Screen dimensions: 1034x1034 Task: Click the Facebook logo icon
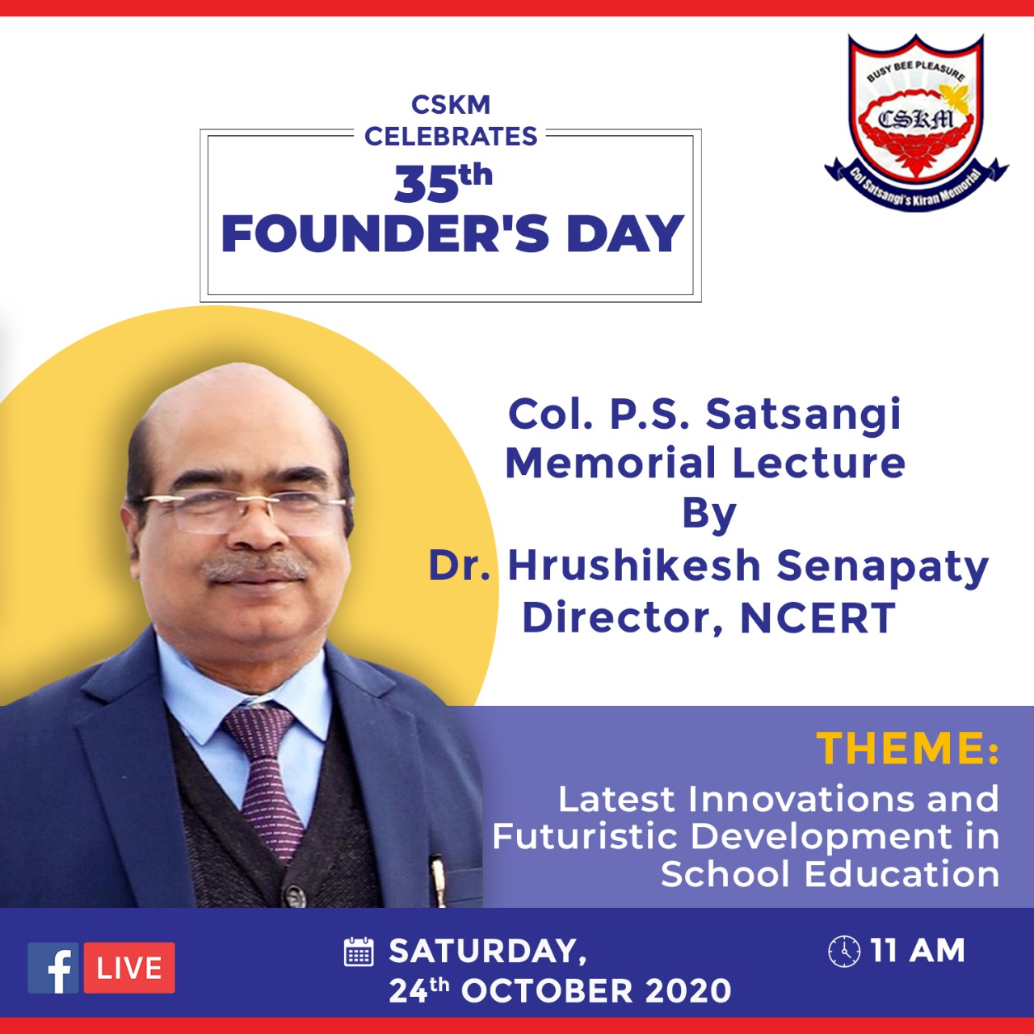click(x=53, y=968)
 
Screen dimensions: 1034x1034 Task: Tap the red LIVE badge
click(x=129, y=968)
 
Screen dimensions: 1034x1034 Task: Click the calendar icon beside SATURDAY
click(x=359, y=952)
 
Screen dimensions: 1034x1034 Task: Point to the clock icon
click(x=844, y=952)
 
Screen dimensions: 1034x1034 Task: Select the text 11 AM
click(x=918, y=951)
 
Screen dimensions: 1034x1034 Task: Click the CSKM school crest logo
click(x=916, y=122)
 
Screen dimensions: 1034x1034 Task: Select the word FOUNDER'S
click(x=385, y=233)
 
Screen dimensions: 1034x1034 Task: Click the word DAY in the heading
click(x=625, y=233)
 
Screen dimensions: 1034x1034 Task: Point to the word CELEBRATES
click(x=451, y=136)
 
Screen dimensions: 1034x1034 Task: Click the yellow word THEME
click(x=902, y=748)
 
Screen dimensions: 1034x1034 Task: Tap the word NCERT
click(x=818, y=618)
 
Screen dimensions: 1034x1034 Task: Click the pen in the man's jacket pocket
click(x=439, y=880)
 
